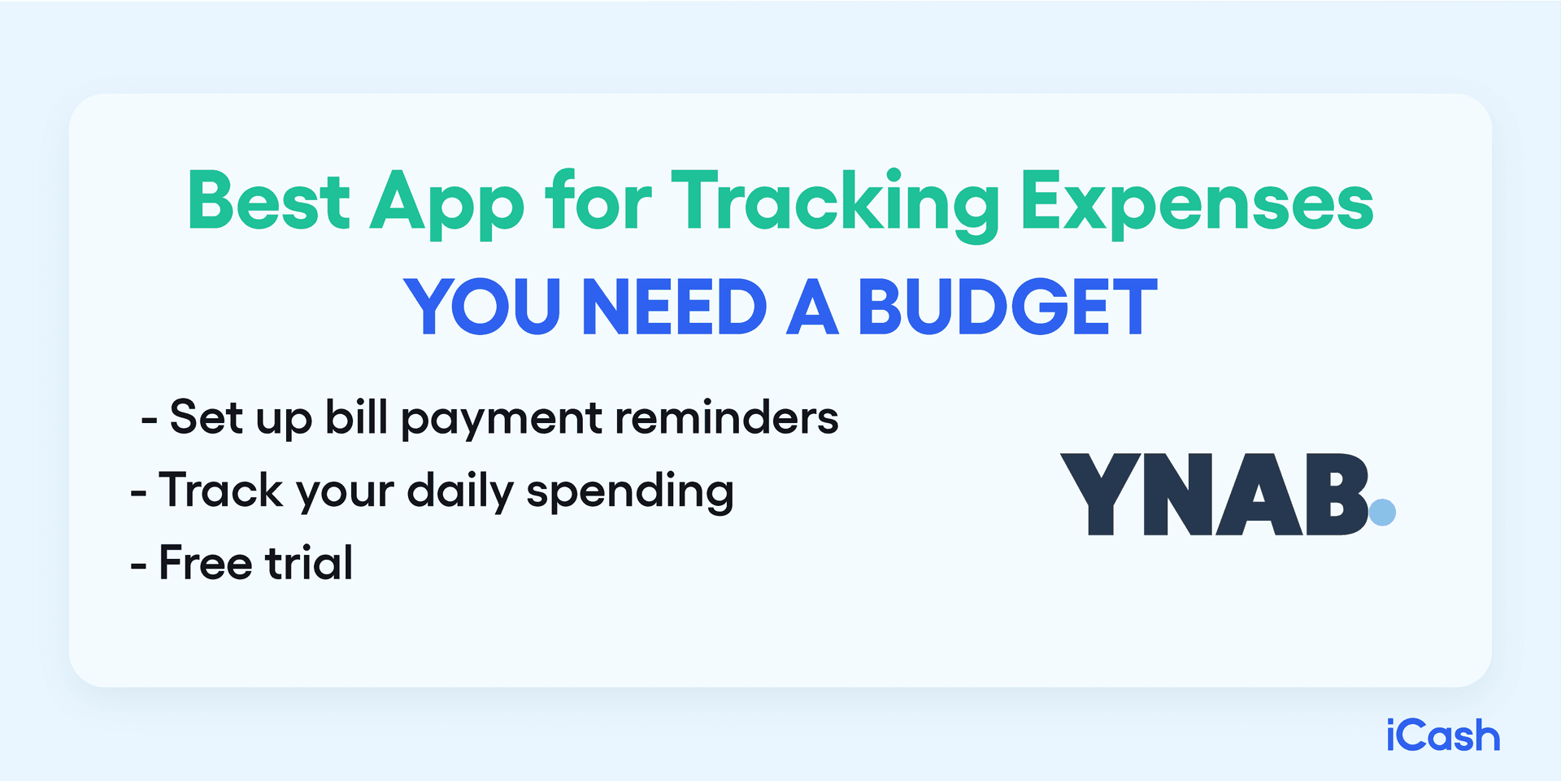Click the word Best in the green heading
point(268,201)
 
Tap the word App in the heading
point(448,203)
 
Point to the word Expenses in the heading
point(1197,203)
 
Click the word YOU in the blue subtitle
point(482,307)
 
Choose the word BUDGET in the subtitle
point(1007,307)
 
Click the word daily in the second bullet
point(460,491)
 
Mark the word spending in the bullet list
point(630,493)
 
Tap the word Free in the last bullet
point(205,563)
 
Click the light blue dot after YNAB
point(1382,513)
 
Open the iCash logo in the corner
point(1443,735)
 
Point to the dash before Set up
point(149,421)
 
